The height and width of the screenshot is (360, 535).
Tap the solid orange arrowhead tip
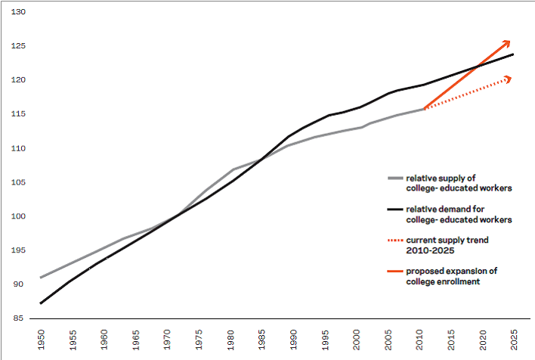(511, 41)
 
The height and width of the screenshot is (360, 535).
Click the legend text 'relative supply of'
(441, 177)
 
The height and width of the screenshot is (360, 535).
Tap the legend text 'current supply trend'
(446, 240)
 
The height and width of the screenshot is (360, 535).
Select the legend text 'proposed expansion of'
(451, 270)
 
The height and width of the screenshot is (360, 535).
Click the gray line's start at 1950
(40, 278)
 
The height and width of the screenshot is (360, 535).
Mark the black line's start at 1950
(40, 303)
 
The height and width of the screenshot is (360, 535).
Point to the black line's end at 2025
(514, 54)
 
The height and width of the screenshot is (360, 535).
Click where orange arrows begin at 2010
(425, 109)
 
